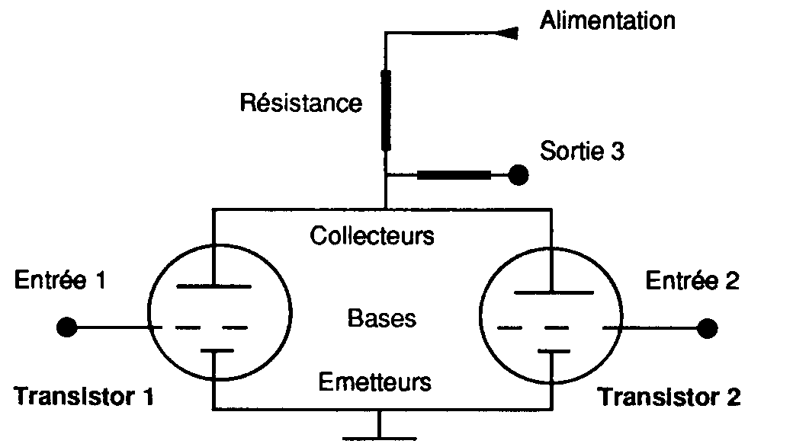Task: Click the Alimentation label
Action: click(608, 21)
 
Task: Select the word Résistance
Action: click(301, 103)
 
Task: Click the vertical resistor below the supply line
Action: click(386, 110)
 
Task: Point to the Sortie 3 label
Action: click(582, 151)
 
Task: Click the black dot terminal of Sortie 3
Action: click(518, 175)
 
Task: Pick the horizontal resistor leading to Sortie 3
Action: click(454, 175)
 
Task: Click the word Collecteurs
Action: click(372, 236)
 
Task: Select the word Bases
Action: click(382, 318)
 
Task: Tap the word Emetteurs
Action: click(374, 382)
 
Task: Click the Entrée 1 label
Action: click(59, 279)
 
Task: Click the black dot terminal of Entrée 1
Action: click(67, 327)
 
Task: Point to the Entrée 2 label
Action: click(692, 280)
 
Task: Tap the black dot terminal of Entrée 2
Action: click(707, 328)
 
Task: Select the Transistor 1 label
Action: click(83, 396)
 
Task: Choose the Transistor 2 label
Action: click(669, 397)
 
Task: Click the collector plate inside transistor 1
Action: click(214, 286)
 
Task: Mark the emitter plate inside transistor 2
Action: click(554, 350)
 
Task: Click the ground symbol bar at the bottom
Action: click(379, 439)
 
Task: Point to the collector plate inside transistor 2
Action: click(554, 292)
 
